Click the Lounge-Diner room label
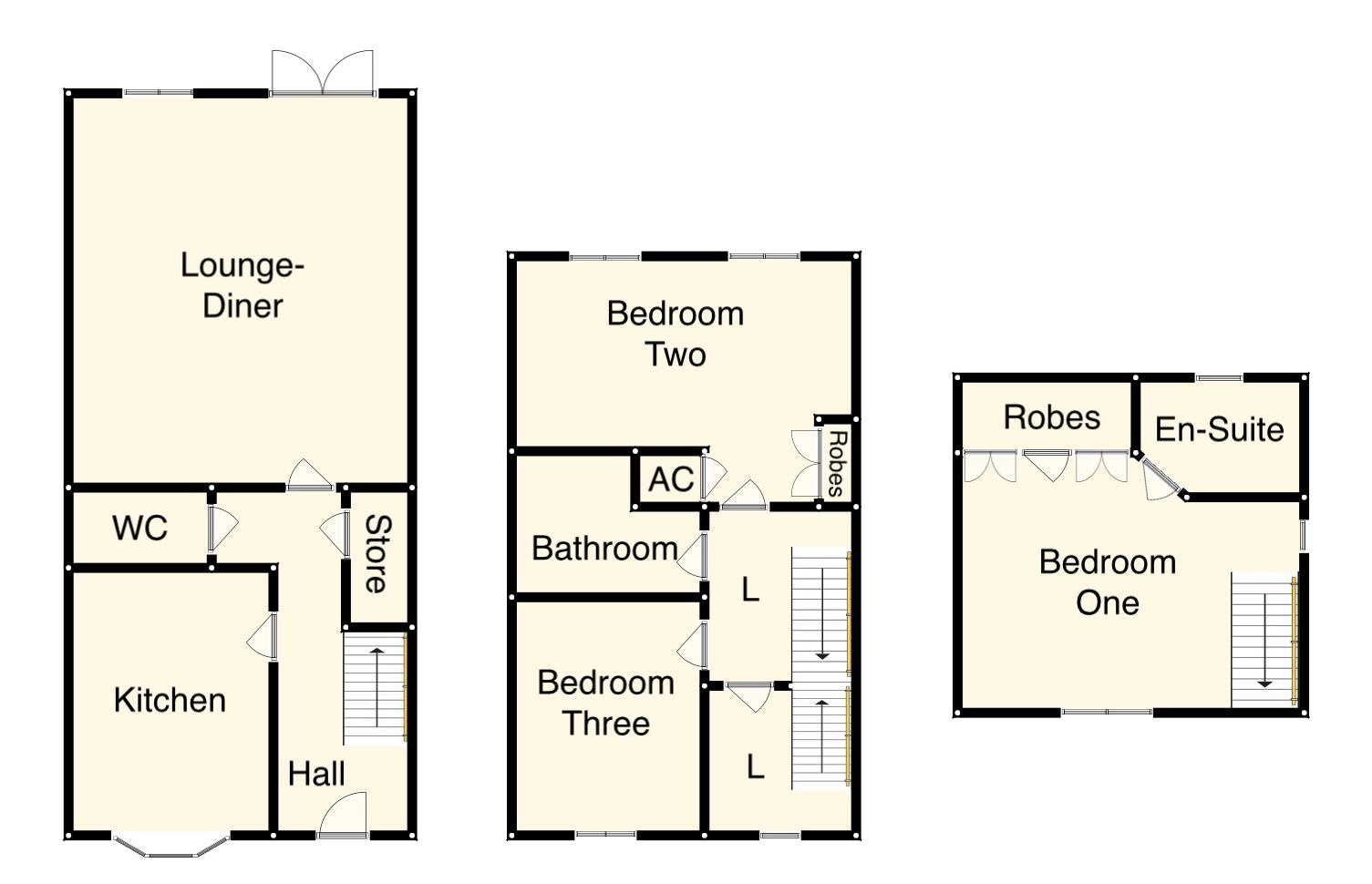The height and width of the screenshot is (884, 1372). pyautogui.click(x=242, y=285)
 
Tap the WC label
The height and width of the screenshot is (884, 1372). pyautogui.click(x=139, y=528)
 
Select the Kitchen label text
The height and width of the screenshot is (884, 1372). pyautogui.click(x=170, y=700)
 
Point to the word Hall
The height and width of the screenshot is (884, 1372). pyautogui.click(x=316, y=774)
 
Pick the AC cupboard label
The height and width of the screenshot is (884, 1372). pyautogui.click(x=670, y=479)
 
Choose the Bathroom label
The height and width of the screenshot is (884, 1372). pyautogui.click(x=604, y=549)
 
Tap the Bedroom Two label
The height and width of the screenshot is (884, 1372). pyautogui.click(x=676, y=334)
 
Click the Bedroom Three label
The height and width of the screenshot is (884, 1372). pyautogui.click(x=605, y=703)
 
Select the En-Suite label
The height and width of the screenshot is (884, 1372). pyautogui.click(x=1219, y=429)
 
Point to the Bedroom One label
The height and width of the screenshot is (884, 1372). pyautogui.click(x=1107, y=582)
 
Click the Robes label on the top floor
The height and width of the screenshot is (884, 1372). pyautogui.click(x=1051, y=417)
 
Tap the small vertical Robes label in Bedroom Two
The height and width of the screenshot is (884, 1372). pyautogui.click(x=835, y=463)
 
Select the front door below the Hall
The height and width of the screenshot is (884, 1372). pyautogui.click(x=343, y=814)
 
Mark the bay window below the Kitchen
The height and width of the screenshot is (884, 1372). pyautogui.click(x=170, y=847)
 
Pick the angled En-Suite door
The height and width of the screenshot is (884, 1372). pyautogui.click(x=1159, y=478)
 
